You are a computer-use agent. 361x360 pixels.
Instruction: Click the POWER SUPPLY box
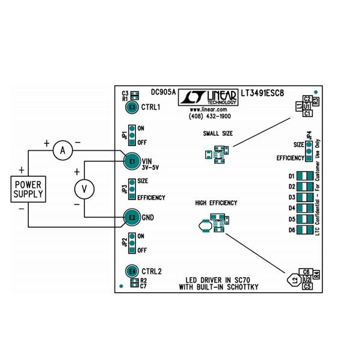click(x=28, y=189)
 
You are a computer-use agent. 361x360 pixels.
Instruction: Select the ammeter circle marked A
click(x=62, y=151)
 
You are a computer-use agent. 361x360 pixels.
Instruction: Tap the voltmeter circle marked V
click(x=84, y=189)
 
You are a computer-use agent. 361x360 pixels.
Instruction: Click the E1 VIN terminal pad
click(x=132, y=161)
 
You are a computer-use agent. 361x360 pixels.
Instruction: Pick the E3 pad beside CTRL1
click(x=132, y=107)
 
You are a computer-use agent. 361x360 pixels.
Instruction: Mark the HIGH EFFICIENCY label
click(x=216, y=203)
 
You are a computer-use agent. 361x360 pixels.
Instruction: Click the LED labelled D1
click(x=305, y=175)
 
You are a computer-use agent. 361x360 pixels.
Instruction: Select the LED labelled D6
click(x=305, y=230)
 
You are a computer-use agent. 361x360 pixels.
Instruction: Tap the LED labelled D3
click(x=305, y=197)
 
